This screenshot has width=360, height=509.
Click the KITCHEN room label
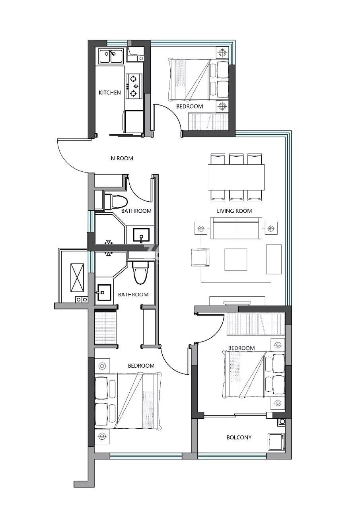coord(109,93)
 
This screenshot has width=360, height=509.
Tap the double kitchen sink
coord(111,56)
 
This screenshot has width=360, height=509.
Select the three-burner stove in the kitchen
coord(134,86)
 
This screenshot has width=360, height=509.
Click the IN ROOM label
coord(121,158)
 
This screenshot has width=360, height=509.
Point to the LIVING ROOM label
coord(234,211)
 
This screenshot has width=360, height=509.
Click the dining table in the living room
coord(236,177)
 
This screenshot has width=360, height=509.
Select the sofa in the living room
coord(236,228)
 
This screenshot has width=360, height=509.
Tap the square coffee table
coord(235,259)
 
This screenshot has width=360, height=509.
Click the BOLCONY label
coord(239,437)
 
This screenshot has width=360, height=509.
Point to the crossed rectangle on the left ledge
coord(77,278)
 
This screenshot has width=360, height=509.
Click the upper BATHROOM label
coord(136,211)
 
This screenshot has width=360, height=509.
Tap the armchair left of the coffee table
coord(200,257)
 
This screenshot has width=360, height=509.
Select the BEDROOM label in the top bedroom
coord(189,106)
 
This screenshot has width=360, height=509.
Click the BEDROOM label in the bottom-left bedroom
coord(141,365)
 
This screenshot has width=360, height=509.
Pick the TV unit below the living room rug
coord(237,301)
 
